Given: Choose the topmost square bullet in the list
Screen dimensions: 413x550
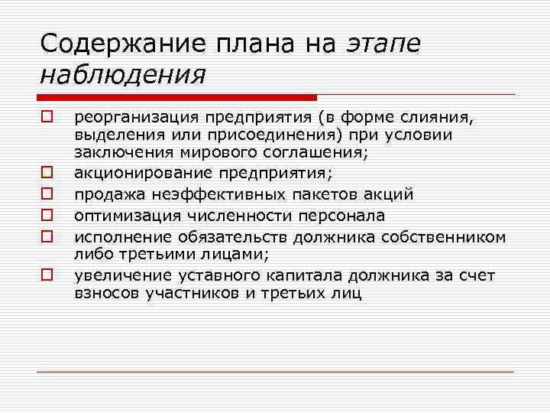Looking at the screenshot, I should click(46, 118).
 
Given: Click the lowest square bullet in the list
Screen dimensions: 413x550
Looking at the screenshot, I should click(46, 272).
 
